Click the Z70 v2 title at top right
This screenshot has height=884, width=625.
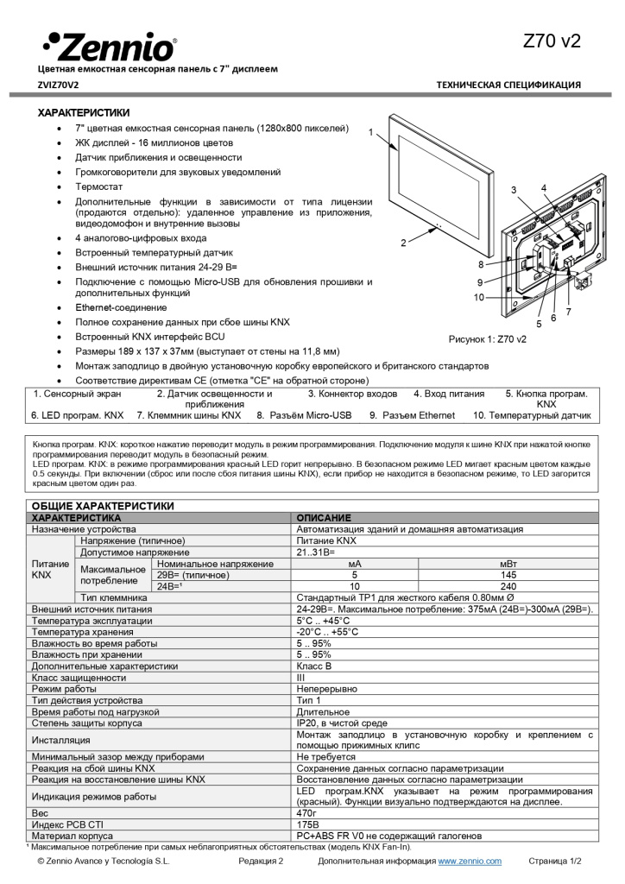pyautogui.click(x=552, y=41)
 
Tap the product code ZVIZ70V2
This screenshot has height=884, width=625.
pyautogui.click(x=58, y=85)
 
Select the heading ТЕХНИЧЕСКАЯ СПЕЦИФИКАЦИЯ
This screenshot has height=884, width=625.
pyautogui.click(x=508, y=85)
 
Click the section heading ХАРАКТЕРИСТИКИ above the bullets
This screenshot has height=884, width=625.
pyautogui.click(x=84, y=112)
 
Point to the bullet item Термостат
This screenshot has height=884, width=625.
pyautogui.click(x=98, y=186)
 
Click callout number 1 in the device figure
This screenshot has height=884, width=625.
pyautogui.click(x=370, y=133)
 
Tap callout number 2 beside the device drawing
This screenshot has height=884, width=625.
pyautogui.click(x=402, y=243)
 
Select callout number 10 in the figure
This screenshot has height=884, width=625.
pyautogui.click(x=478, y=298)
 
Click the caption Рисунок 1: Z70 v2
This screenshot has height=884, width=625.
pyautogui.click(x=488, y=339)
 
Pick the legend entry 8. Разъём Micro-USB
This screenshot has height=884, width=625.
pyautogui.click(x=304, y=415)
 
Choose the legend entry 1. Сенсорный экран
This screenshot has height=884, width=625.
pyautogui.click(x=78, y=394)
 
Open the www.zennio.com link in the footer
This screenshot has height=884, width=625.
pyautogui.click(x=470, y=862)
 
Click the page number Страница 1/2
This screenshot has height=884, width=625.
pyautogui.click(x=555, y=862)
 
